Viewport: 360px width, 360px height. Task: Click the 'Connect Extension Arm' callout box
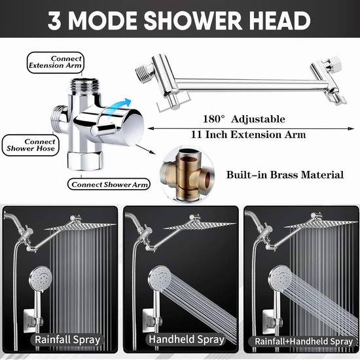tap(56, 62)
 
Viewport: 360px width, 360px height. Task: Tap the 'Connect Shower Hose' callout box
tap(31, 145)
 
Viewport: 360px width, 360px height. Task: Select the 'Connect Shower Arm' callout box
tap(109, 185)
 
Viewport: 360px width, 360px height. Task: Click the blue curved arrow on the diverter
tap(119, 107)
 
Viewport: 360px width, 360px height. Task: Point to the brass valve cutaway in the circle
tap(187, 174)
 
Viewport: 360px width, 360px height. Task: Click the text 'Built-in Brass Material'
tap(285, 175)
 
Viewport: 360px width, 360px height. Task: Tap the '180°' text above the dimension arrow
tap(214, 119)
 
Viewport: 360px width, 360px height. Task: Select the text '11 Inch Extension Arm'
tap(249, 135)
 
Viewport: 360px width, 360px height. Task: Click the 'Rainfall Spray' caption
tap(67, 340)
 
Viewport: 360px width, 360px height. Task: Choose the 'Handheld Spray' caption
tap(186, 339)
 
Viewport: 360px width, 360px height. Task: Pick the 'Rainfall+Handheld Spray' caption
tap(304, 342)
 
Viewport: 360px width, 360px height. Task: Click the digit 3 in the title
tap(54, 20)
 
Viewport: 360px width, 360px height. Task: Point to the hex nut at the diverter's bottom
tap(84, 161)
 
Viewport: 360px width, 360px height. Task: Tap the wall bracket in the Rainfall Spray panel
tap(34, 320)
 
